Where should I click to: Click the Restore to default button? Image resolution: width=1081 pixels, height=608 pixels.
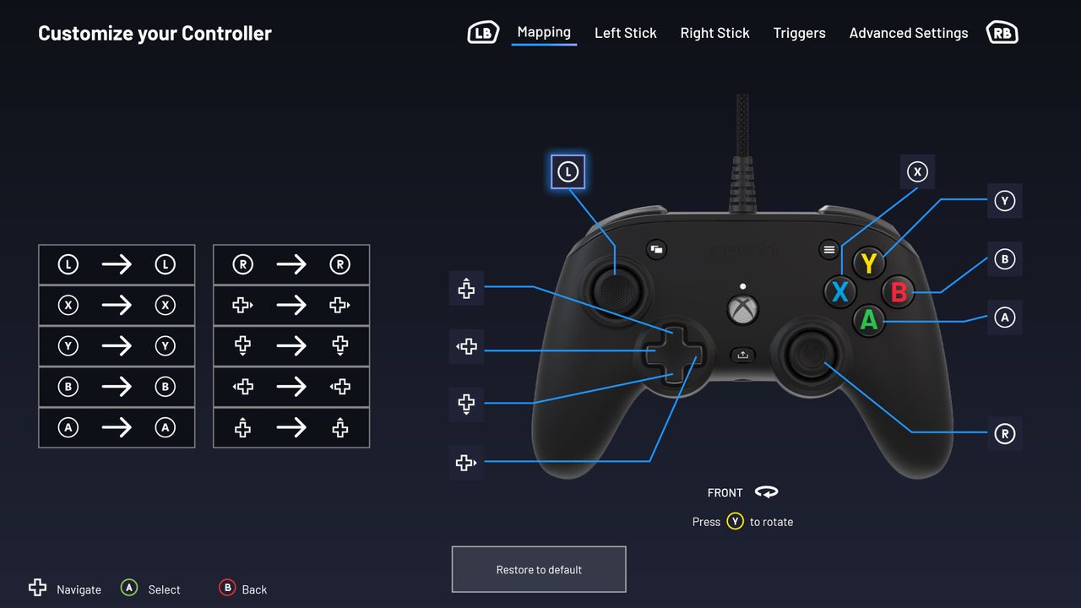click(x=539, y=569)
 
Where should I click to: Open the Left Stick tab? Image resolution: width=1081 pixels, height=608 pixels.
click(x=626, y=33)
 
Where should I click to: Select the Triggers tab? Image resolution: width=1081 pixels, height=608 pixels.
click(x=799, y=33)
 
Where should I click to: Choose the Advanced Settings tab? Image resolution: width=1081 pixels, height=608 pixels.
click(x=909, y=33)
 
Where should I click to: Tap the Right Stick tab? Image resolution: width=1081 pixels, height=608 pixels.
click(x=714, y=33)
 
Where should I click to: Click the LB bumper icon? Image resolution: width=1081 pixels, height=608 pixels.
click(x=483, y=32)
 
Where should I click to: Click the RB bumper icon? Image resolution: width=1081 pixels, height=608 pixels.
click(x=1002, y=32)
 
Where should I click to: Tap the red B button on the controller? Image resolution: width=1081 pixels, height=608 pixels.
click(x=898, y=291)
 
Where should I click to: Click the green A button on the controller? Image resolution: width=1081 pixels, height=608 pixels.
click(x=869, y=319)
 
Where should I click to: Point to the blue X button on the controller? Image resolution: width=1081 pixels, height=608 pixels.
click(x=840, y=291)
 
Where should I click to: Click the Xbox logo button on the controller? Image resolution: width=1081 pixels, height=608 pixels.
click(x=742, y=309)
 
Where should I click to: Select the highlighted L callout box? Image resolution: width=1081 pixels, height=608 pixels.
click(x=568, y=171)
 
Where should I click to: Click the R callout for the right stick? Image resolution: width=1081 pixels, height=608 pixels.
click(x=1005, y=434)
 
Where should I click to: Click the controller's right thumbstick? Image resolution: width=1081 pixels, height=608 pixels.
click(x=812, y=355)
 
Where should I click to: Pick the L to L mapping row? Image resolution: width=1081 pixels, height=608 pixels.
click(x=117, y=264)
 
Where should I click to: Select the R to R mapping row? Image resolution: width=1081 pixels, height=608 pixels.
click(x=291, y=264)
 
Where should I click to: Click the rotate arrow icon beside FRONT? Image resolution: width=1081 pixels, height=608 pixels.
click(x=766, y=491)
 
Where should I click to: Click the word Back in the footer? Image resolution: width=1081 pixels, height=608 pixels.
click(x=254, y=589)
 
